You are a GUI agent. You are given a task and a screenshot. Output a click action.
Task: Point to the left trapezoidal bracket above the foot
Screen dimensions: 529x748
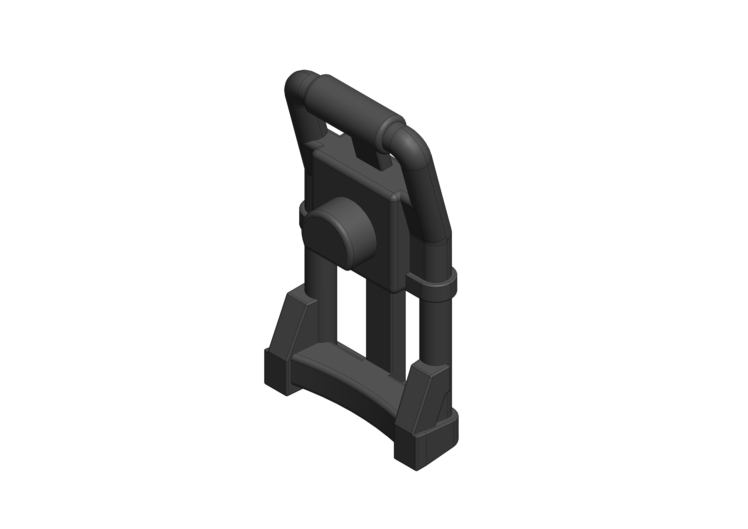(x=293, y=326)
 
